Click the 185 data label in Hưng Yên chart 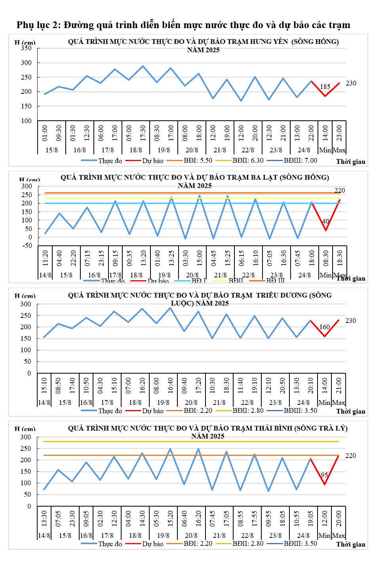pos(325,87)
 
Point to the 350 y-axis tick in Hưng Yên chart pos(26,48)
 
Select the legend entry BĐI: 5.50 pos(198,160)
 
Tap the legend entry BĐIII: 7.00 pos(300,160)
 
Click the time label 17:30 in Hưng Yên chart pos(143,133)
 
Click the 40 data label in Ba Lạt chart pos(325,221)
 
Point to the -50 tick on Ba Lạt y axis pos(27,246)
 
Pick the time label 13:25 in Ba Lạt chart pos(171,258)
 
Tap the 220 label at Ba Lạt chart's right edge pos(340,190)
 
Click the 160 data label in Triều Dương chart pos(325,327)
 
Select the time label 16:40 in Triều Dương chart pos(171,385)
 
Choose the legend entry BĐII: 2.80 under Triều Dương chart pos(247,410)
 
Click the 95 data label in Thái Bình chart pos(324,475)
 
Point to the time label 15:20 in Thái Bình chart pos(171,518)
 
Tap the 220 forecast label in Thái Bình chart pos(350,456)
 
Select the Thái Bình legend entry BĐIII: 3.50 pos(300,543)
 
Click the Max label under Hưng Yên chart pos(339,150)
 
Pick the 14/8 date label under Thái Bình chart pos(44,535)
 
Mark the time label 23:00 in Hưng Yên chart pos(339,133)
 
